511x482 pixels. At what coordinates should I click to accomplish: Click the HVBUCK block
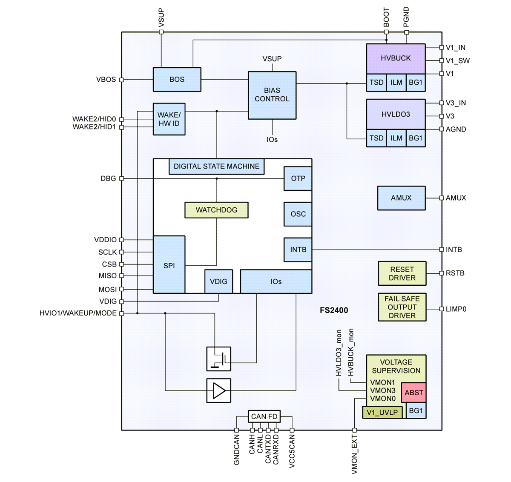point(396,59)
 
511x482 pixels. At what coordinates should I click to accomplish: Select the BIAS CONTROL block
point(272,95)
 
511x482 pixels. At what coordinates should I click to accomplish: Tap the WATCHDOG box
point(216,210)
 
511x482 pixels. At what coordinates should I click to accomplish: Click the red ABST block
point(414,393)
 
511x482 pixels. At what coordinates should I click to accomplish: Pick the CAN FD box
point(264,416)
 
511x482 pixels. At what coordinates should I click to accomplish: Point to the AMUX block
point(401,198)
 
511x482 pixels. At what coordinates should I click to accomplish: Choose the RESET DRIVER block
point(402,273)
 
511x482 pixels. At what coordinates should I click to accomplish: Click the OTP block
point(298,178)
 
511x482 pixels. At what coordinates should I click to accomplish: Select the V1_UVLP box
point(382,412)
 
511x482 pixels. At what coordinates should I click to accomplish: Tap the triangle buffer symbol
point(219,390)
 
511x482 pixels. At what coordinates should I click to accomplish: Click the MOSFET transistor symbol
point(219,359)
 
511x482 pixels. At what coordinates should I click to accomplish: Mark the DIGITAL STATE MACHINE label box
point(216,166)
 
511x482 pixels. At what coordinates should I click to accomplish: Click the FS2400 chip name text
point(334,310)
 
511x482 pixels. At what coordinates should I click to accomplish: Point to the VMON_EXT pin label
point(354,455)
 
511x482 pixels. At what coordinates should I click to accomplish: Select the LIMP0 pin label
point(456,309)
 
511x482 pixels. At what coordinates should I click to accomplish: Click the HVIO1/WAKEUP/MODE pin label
point(78,313)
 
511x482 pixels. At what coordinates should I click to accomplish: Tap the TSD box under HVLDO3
point(376,138)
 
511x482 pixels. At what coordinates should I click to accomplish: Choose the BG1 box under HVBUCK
point(416,83)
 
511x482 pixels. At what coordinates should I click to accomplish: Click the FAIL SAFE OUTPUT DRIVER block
point(402,307)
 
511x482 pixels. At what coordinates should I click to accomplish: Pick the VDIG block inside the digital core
point(218,281)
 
